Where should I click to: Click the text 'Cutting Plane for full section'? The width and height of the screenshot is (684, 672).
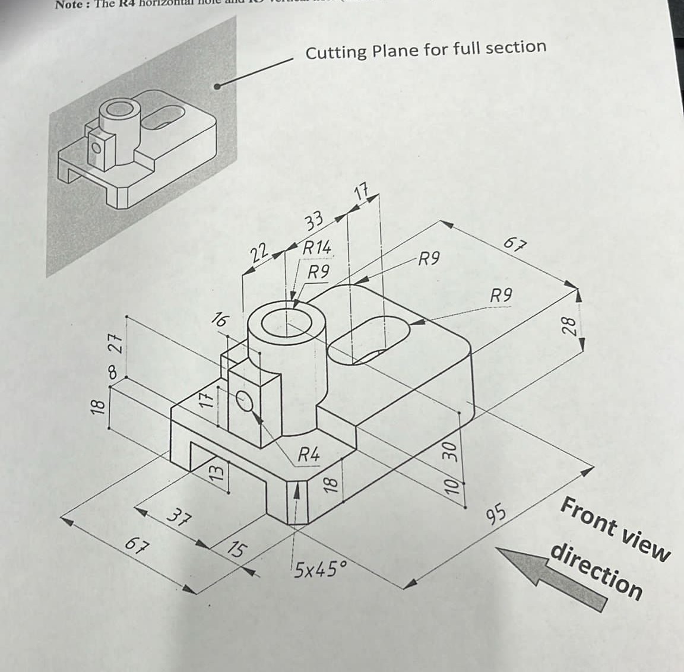coord(425,50)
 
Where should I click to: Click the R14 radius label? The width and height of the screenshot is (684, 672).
coord(316,248)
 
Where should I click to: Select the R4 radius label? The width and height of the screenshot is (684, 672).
coord(308,455)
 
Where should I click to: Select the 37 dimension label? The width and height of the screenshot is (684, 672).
coord(177,518)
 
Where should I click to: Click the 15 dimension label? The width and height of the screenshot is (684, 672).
coord(236,550)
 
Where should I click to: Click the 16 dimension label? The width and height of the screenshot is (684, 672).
coord(219,321)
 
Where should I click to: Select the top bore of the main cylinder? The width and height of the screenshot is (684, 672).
coord(287,324)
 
